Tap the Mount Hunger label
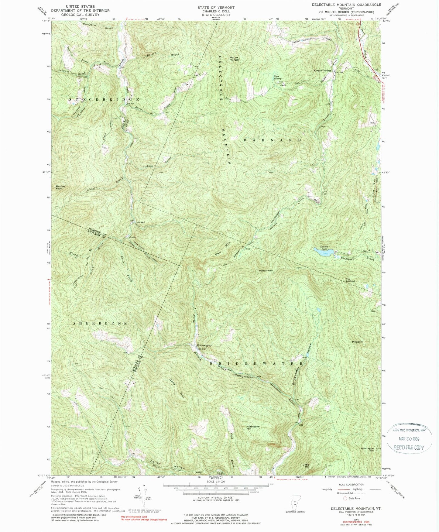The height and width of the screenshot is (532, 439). click(234, 58)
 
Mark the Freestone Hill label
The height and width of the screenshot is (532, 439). click(253, 428)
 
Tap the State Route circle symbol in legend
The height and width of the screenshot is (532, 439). click(345, 498)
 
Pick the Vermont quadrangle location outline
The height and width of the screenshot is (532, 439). click(294, 503)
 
